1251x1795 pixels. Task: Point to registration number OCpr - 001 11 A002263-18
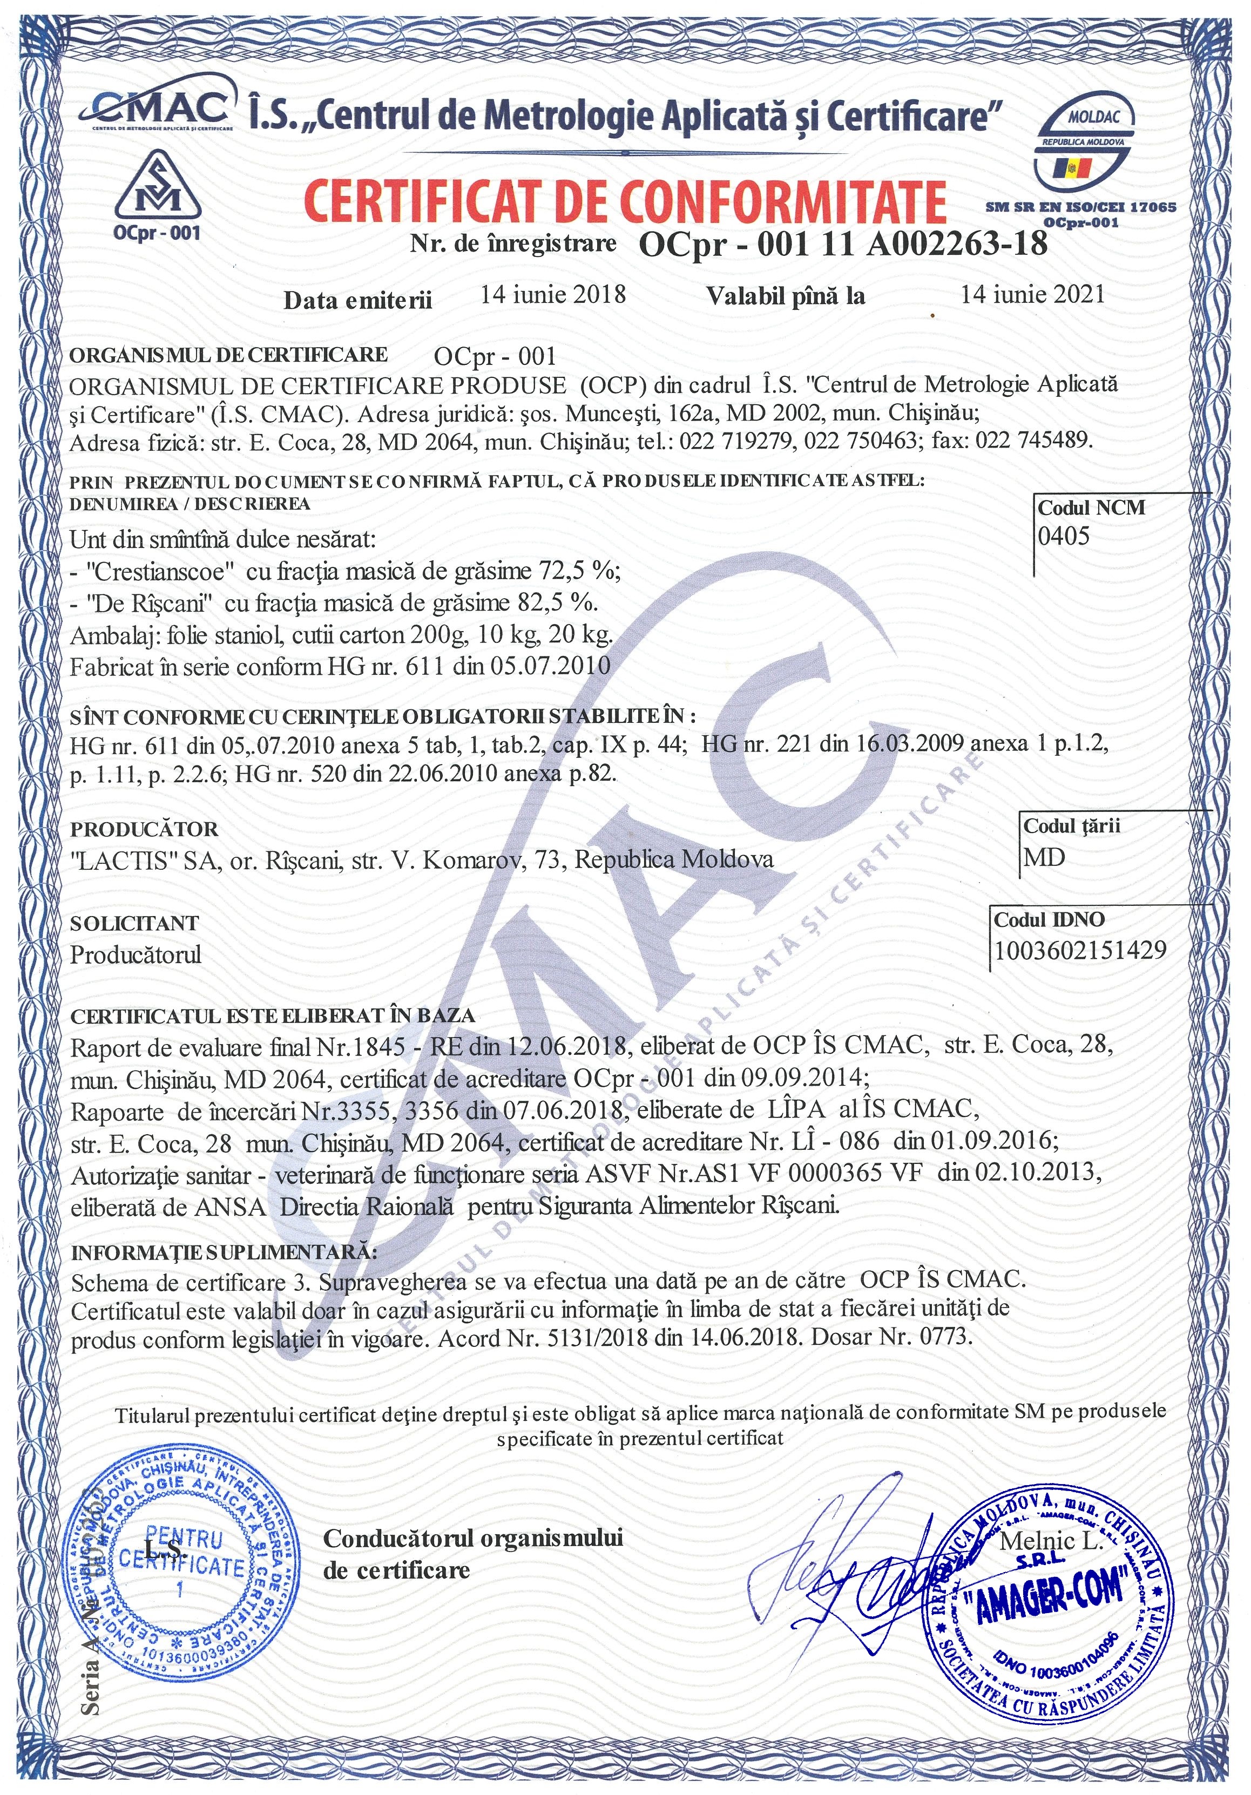[x=843, y=245]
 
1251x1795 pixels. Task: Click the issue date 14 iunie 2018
[x=553, y=294]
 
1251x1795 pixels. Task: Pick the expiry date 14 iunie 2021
[x=1032, y=294]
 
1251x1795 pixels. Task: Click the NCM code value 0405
[x=1063, y=536]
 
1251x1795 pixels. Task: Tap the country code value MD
[x=1045, y=858]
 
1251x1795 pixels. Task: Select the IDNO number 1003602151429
[x=1080, y=950]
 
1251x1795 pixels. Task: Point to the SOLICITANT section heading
[x=134, y=923]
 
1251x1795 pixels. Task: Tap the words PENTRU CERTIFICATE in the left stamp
[x=182, y=1554]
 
